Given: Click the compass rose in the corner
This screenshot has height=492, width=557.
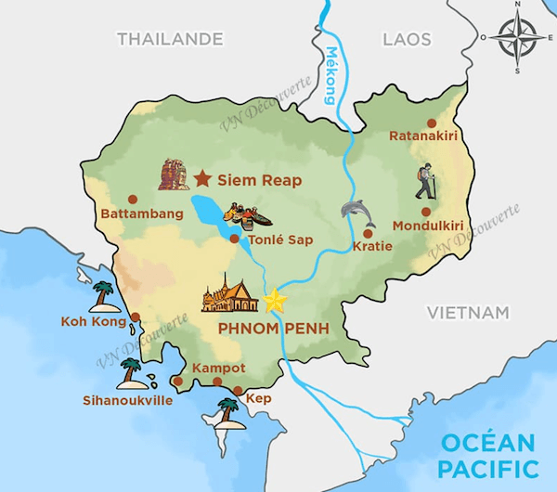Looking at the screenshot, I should click(513, 38).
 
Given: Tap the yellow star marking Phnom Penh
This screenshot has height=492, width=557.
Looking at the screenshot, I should click(275, 301).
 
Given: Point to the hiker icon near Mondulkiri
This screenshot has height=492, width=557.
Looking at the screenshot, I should click(425, 182).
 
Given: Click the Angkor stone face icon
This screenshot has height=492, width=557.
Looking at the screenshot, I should click(173, 174).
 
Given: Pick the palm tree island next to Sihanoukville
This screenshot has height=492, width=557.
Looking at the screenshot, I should click(131, 374).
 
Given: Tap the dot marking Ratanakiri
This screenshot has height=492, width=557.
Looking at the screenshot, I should click(431, 123).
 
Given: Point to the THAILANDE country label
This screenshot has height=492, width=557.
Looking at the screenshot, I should click(169, 39).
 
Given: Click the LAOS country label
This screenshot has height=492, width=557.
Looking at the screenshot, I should click(407, 39).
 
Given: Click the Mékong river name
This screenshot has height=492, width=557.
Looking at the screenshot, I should click(330, 76).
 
